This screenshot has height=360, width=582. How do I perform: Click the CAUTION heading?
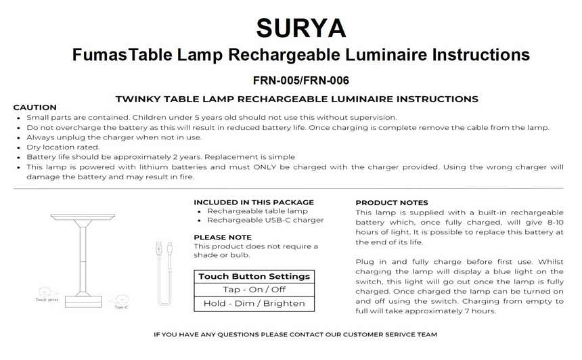click(35, 108)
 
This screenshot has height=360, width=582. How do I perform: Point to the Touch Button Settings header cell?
click(254, 276)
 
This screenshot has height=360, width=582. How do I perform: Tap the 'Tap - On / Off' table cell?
click(254, 290)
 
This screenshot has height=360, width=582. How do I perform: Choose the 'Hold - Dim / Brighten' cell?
click(254, 303)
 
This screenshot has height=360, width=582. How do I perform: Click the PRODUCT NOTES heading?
click(392, 202)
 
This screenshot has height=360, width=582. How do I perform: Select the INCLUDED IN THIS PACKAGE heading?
click(254, 202)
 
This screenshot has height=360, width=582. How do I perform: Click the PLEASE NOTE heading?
click(223, 238)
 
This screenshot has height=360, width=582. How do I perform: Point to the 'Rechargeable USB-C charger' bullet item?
click(265, 220)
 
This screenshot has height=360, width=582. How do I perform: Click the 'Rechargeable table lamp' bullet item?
click(257, 211)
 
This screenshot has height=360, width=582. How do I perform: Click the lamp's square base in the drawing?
click(83, 298)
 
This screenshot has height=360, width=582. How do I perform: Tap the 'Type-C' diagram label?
click(122, 307)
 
